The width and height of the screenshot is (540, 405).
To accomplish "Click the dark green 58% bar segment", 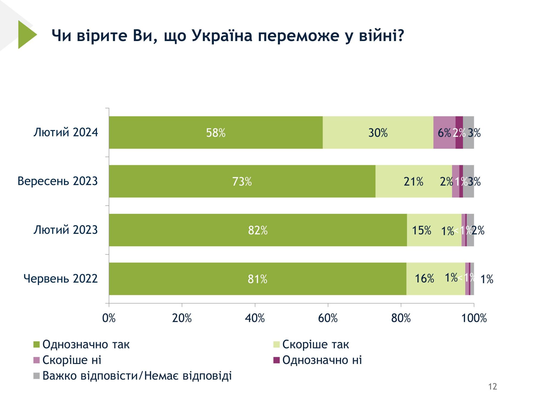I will pyautogui.click(x=215, y=133).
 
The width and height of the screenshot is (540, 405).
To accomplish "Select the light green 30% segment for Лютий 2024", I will pyautogui.click(x=378, y=133).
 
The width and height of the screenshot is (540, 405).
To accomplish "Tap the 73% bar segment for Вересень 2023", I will pyautogui.click(x=242, y=181).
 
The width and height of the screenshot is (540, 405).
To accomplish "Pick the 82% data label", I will pyautogui.click(x=258, y=230).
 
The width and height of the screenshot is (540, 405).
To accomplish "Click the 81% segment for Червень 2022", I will pyautogui.click(x=257, y=279).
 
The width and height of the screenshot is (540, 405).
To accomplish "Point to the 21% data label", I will pyautogui.click(x=413, y=182).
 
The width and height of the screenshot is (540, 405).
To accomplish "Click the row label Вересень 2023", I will pyautogui.click(x=58, y=181).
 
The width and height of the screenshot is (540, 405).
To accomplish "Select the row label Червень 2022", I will pyautogui.click(x=60, y=278).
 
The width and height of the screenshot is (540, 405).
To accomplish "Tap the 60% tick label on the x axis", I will pyautogui.click(x=328, y=318).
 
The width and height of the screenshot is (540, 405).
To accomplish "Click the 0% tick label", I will pyautogui.click(x=109, y=318).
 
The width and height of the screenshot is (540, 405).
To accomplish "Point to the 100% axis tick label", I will pyautogui.click(x=474, y=318).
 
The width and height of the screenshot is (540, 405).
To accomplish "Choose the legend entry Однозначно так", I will pyautogui.click(x=86, y=345).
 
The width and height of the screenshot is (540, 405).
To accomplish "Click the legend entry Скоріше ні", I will pyautogui.click(x=72, y=360).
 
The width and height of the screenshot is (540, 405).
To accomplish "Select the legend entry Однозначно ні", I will pyautogui.click(x=322, y=360).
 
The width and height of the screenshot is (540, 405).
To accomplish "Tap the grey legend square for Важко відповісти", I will pyautogui.click(x=36, y=376).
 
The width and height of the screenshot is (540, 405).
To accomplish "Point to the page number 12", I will pyautogui.click(x=492, y=386).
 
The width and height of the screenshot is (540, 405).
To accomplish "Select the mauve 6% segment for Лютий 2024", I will pyautogui.click(x=444, y=133).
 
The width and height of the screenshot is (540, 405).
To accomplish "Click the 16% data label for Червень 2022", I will pyautogui.click(x=424, y=278).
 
